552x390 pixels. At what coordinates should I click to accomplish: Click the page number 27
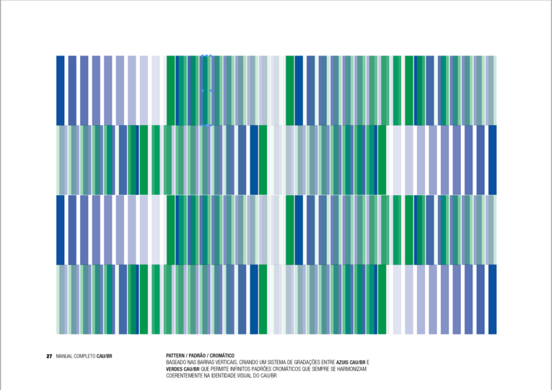[x=49, y=356]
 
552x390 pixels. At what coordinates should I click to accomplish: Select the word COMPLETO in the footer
[x=84, y=356]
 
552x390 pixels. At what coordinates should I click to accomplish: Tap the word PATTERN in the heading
[x=176, y=355]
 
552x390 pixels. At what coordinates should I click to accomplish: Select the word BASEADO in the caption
[x=177, y=363]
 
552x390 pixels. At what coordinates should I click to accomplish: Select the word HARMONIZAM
[x=351, y=369]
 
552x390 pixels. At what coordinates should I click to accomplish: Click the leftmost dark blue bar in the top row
[x=61, y=90]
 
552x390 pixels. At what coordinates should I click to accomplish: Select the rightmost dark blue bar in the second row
[x=493, y=160]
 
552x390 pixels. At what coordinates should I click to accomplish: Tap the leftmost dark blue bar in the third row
[x=61, y=230]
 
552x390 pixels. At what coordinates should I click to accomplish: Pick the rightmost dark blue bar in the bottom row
[x=493, y=299]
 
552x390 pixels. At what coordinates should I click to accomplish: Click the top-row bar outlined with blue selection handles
[x=206, y=90]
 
